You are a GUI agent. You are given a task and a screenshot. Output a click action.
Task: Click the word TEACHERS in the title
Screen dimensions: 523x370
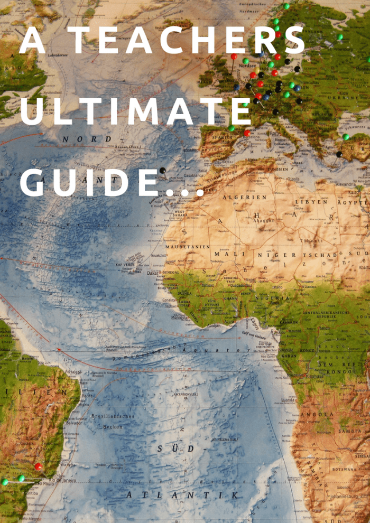click(188, 41)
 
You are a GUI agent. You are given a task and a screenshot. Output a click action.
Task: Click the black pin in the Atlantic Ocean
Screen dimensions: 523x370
click(163, 170)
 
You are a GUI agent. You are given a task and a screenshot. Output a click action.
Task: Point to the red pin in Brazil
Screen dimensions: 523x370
click(38, 466)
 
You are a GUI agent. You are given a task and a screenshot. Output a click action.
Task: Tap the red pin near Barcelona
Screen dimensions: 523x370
click(247, 133)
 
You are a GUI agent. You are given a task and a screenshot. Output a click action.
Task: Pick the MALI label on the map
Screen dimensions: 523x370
click(236, 254)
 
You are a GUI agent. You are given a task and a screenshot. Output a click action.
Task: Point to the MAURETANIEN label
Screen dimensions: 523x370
click(188, 247)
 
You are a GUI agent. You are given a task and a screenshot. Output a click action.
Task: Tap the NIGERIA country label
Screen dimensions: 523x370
click(273, 298)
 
